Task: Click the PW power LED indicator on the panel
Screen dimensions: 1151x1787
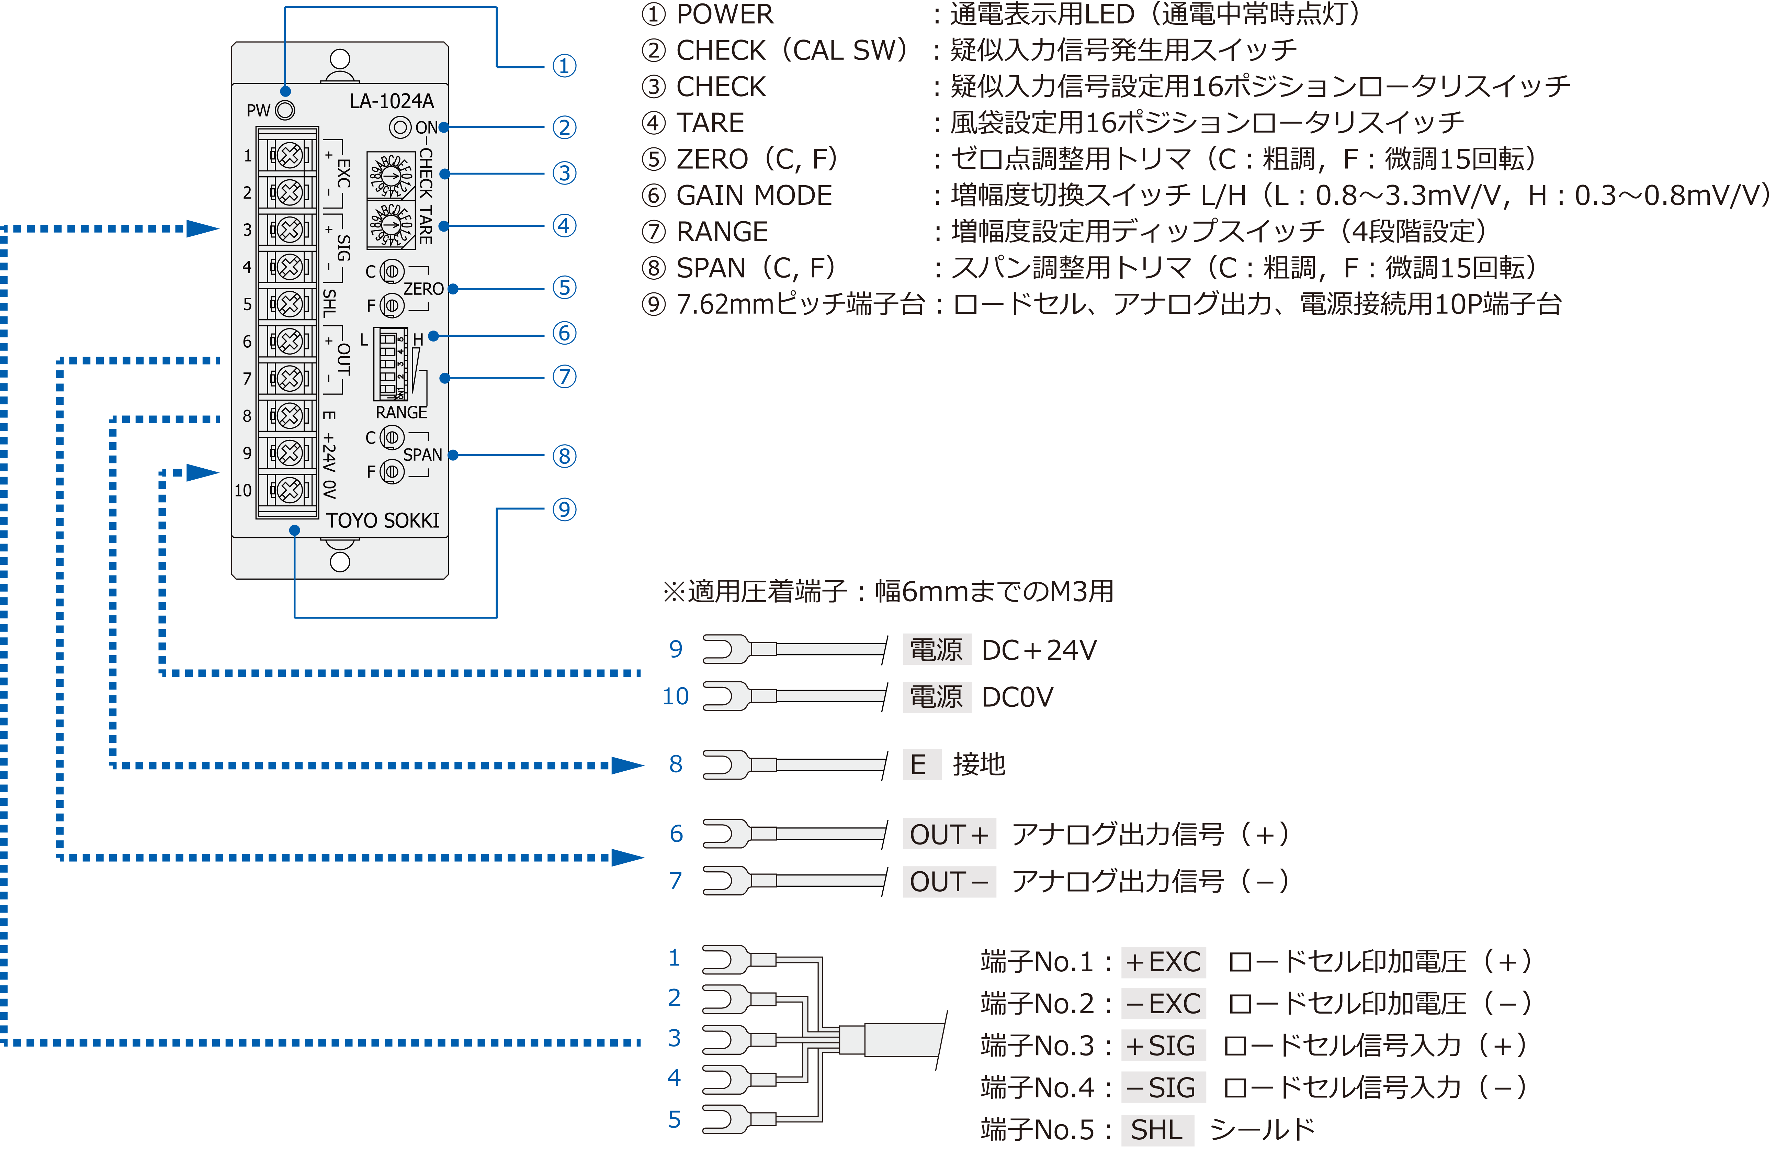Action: coord(285,111)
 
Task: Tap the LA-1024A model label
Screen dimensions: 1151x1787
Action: coord(392,101)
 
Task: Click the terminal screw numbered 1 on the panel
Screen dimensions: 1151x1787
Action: coord(290,155)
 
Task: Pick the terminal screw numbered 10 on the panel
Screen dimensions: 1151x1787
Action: coord(290,490)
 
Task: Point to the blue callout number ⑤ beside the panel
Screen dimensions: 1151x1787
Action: coord(564,288)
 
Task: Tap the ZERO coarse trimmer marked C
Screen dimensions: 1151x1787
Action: coord(392,271)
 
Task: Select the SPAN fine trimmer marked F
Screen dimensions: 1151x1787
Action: coord(392,472)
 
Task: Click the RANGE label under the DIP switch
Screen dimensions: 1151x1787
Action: coord(401,413)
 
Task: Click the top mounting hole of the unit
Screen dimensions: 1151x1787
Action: coord(340,59)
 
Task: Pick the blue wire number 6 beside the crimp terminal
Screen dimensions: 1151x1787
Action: coord(676,834)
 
